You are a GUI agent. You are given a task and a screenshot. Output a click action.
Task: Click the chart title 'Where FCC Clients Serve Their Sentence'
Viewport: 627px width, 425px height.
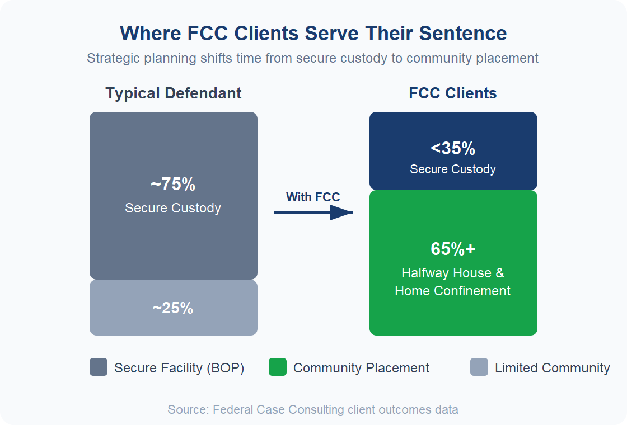[313, 34]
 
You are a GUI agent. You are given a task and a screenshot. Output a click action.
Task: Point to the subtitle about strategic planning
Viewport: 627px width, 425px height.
[313, 58]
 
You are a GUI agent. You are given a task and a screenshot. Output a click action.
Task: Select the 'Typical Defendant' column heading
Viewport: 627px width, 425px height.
[174, 93]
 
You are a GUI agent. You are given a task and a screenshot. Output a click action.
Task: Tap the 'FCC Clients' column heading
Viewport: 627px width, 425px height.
[453, 93]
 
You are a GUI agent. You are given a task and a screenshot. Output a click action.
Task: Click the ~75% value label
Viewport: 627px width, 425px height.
[173, 185]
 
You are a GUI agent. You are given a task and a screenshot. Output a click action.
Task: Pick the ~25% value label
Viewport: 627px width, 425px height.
[173, 308]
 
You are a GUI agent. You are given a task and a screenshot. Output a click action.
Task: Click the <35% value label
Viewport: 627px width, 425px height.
[453, 149]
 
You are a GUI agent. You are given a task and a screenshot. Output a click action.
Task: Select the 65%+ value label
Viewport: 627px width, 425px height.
[453, 249]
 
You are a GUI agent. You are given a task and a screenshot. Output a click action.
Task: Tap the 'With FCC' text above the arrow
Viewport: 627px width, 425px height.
[313, 197]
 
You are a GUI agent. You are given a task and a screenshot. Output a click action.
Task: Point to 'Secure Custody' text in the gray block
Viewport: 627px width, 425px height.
[173, 208]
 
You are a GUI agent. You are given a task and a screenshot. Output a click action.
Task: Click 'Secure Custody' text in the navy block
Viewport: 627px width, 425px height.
[453, 169]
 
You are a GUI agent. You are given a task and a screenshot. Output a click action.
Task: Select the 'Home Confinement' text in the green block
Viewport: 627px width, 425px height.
[453, 291]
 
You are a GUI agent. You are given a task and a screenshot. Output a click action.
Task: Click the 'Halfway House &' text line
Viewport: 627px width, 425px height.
[453, 273]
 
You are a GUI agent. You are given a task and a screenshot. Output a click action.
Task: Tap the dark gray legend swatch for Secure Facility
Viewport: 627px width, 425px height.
[99, 367]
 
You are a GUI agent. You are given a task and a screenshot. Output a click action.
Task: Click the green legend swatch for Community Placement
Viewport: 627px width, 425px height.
[278, 367]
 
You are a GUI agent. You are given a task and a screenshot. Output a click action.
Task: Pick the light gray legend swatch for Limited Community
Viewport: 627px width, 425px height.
[479, 367]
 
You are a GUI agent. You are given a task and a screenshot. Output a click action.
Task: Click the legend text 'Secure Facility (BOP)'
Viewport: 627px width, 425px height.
[179, 368]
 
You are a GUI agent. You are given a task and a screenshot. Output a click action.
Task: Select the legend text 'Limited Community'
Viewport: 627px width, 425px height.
[553, 368]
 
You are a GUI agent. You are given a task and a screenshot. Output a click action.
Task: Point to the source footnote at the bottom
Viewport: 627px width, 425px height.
[313, 410]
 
